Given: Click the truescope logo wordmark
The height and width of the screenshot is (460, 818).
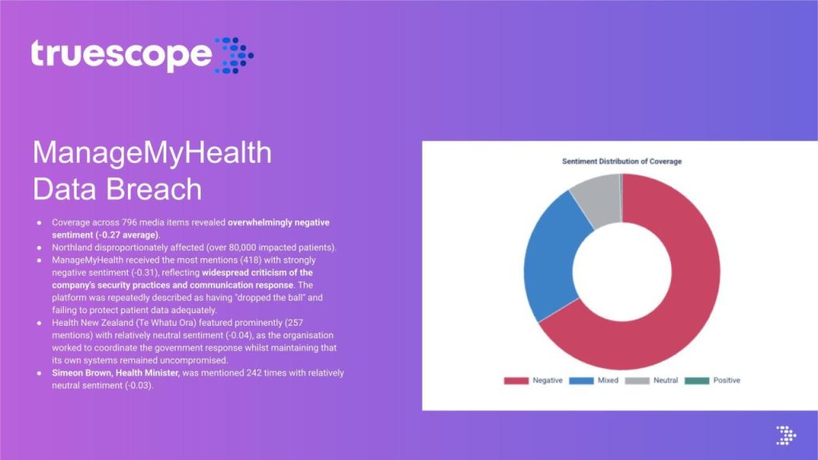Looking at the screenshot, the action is click(121, 54).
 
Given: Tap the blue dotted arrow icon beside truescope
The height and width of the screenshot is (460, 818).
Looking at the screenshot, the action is click(234, 55).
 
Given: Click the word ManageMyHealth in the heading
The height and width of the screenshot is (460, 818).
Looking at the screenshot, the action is click(153, 153).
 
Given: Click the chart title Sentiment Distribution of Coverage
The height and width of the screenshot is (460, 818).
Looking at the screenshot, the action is click(621, 161).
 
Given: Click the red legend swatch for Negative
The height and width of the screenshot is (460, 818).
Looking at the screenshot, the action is click(516, 381).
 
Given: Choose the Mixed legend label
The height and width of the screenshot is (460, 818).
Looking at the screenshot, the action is click(608, 381).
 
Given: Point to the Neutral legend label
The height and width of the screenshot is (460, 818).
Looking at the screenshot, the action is click(665, 381).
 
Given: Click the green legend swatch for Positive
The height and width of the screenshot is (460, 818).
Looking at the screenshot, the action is click(697, 381).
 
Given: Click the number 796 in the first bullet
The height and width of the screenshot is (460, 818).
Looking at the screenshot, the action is click(129, 223).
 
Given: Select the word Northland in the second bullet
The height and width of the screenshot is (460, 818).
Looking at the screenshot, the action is click(71, 248).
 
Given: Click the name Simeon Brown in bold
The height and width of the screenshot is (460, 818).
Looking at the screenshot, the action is click(81, 374).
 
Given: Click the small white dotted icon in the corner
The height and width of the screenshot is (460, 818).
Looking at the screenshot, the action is click(786, 435).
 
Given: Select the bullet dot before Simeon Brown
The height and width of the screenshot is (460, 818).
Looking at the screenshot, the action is click(39, 374).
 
